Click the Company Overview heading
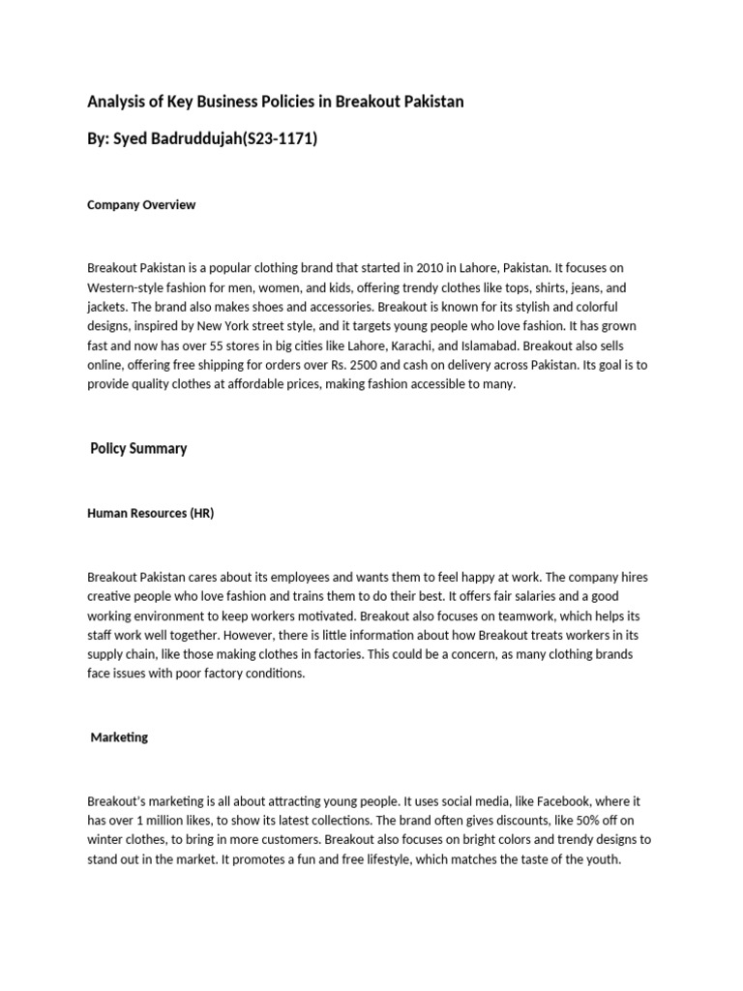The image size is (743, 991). tap(141, 205)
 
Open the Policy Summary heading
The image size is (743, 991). tap(138, 449)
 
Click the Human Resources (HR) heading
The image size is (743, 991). tap(150, 513)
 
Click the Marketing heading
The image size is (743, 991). tap(119, 737)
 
